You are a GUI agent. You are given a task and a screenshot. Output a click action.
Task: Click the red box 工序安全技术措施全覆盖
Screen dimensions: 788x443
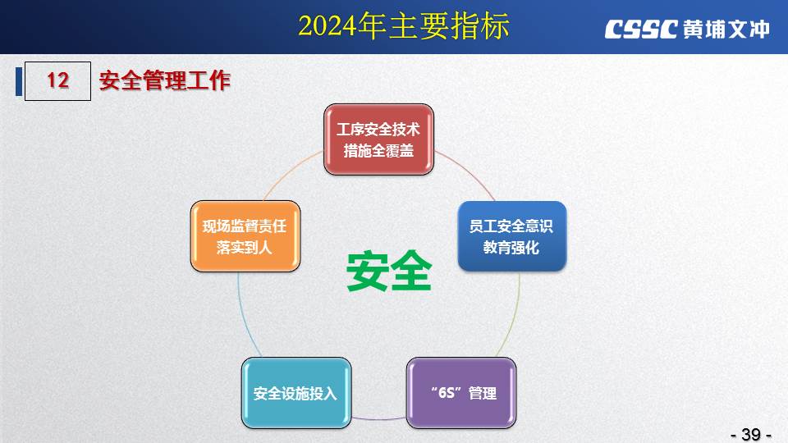coord(379,139)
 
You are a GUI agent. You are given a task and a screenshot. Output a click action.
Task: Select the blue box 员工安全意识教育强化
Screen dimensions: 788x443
coord(512,236)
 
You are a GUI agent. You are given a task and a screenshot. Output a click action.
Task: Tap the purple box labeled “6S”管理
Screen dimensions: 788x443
coord(461,393)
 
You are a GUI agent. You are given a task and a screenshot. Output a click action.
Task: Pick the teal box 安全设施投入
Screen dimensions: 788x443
coord(296,393)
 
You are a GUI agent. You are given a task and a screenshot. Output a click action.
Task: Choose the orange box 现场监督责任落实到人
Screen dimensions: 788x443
coord(245,236)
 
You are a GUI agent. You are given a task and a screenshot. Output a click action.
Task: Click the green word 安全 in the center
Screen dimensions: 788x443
coord(389,271)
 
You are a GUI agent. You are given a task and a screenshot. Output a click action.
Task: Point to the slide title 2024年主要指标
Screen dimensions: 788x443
coord(404,26)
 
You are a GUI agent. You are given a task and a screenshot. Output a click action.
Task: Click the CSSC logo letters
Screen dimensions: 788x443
coord(641,30)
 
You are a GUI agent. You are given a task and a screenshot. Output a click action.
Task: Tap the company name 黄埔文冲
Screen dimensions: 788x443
coord(726,30)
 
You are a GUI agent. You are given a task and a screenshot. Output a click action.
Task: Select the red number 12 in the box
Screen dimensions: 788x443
coord(57,80)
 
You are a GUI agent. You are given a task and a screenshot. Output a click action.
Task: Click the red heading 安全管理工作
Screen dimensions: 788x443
coord(165,80)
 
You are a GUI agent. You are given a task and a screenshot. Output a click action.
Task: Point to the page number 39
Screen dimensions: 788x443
coord(751,434)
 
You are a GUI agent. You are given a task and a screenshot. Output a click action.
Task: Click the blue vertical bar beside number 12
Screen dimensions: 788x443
coord(19,81)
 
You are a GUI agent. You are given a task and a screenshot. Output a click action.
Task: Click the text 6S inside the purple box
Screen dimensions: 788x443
coord(447,393)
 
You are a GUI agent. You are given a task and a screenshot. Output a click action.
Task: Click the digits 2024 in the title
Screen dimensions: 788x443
coord(328,26)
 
